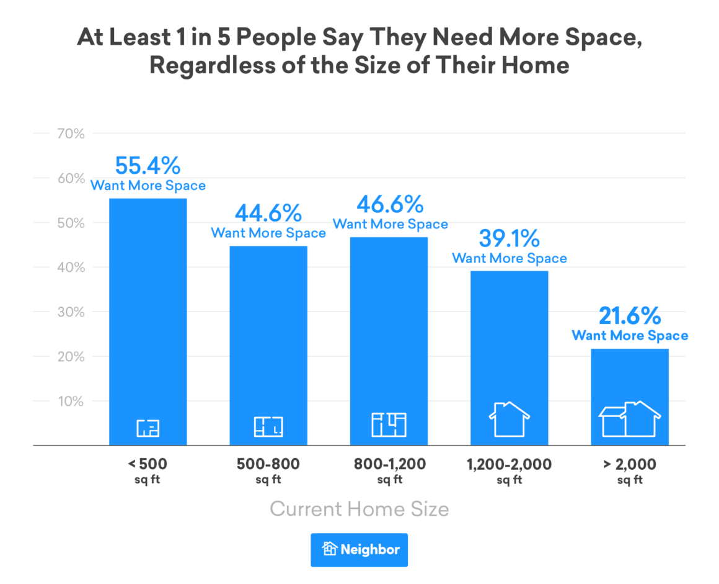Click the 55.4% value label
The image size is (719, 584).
148,166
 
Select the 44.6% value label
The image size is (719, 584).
268,213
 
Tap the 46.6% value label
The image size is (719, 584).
390,204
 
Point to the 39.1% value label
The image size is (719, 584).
509,239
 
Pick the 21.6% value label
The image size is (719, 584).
629,317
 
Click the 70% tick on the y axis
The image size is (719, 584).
71,133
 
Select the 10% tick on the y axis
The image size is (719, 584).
71,401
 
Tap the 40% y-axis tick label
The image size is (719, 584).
71,267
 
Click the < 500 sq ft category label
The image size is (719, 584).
148,470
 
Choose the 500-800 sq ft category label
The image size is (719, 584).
268,470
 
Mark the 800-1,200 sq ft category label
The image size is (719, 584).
390,470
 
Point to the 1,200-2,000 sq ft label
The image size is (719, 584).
509,470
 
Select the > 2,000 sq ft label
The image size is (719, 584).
629,470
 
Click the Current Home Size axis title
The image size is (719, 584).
359,510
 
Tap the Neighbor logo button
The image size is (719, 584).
359,549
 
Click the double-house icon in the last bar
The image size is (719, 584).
629,420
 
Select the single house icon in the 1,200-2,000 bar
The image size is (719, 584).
509,420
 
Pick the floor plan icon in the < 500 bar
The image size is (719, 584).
148,427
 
